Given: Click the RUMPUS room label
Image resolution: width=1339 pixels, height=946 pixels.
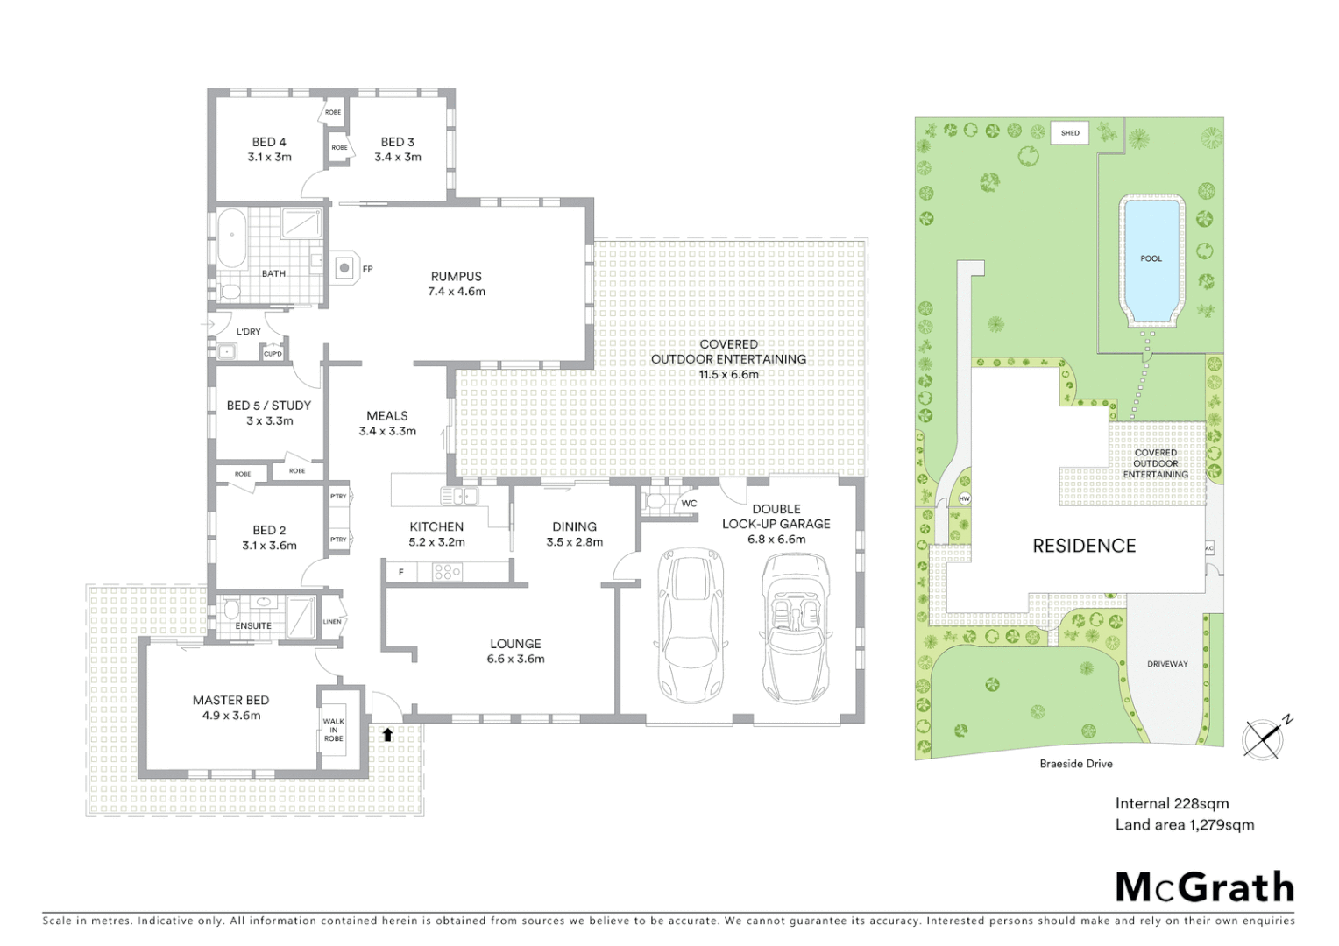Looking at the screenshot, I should tap(456, 276).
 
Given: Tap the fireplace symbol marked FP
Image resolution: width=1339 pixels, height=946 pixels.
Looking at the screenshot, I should tap(345, 268).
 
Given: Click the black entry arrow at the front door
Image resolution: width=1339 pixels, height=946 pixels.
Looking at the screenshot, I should tap(387, 734).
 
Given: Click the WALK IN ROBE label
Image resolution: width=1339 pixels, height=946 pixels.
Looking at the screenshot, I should tap(334, 730).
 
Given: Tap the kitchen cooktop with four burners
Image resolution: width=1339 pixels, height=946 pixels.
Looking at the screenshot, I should tap(447, 573).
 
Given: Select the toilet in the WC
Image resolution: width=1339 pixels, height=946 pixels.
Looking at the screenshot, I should tap(653, 501).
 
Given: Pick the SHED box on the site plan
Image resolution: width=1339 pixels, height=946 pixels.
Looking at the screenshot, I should tap(1070, 133).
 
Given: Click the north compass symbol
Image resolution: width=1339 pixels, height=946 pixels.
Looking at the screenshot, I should tap(1265, 738).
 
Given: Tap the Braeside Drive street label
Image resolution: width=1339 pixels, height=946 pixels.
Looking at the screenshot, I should tap(1076, 764).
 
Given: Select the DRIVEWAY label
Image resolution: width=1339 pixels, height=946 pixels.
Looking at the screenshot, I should tap(1167, 664).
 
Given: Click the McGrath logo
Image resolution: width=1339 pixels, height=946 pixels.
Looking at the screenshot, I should tap(1205, 887).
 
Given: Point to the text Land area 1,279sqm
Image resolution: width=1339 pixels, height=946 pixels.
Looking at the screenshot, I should tap(1184, 824).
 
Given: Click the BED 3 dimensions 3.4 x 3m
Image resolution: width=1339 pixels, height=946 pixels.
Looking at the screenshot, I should tap(398, 157).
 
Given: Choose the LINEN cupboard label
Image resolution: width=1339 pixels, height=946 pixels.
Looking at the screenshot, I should tap(332, 622).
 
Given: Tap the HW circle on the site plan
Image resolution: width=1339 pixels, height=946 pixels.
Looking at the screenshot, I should tap(965, 498).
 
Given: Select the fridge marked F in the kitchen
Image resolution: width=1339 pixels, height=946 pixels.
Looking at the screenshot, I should tap(401, 572).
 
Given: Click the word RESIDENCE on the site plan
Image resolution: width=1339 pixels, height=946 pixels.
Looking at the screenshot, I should tap(1084, 546).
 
